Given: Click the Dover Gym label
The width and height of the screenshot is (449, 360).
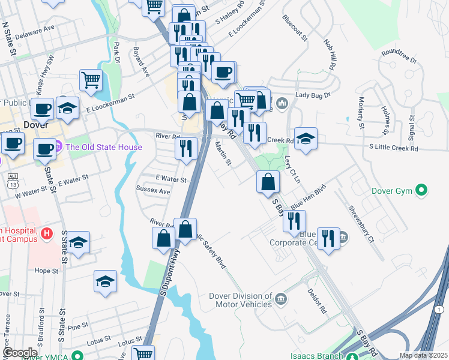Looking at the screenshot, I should [x=390, y=191].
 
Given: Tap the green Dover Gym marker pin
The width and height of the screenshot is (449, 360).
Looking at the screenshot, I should [x=422, y=191].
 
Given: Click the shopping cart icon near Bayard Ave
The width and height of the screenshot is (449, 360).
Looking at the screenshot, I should [x=91, y=80].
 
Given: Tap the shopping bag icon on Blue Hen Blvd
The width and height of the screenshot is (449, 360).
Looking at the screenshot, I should [x=268, y=181].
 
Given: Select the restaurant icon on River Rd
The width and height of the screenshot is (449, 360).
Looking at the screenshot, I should [x=187, y=148].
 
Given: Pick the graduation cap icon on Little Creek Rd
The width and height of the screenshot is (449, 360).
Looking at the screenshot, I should [x=306, y=139].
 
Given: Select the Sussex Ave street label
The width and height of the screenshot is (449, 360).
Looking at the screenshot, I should [x=153, y=191].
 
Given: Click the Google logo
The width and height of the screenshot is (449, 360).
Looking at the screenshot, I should [x=20, y=353].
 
